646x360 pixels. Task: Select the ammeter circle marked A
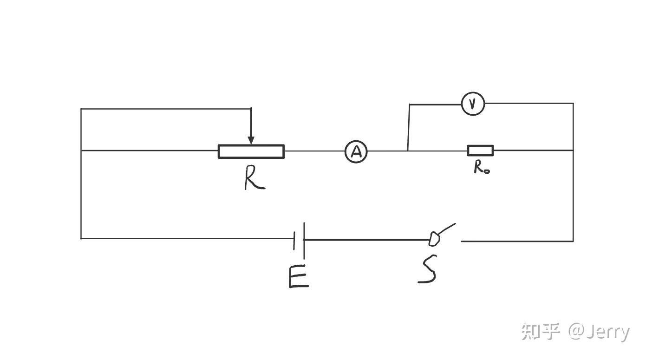pos(356,141)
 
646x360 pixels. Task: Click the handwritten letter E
pos(299,276)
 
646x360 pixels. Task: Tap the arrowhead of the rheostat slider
pos(251,140)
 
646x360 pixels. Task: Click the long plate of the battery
pos(304,241)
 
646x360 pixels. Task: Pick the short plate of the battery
pos(294,241)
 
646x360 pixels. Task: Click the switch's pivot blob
pos(434,239)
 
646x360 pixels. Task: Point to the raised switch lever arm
pos(447,229)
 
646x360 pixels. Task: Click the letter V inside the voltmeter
pos(472,104)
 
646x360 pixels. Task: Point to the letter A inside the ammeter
pos(357,152)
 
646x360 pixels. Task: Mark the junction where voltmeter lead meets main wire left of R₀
pos(407,151)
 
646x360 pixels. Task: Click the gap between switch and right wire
pos(450,240)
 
